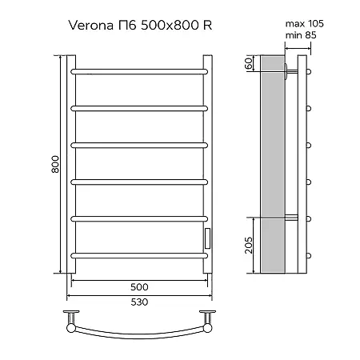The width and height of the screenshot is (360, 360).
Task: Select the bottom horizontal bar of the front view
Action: tap(141, 254)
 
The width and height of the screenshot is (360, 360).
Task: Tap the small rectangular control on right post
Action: tap(208, 238)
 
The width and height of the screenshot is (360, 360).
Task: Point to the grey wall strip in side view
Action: tap(272, 168)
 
